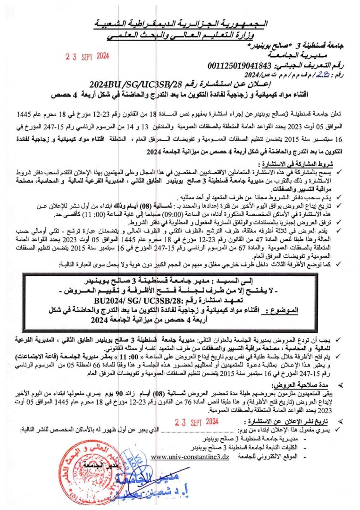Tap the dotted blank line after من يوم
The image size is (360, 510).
point(186,430)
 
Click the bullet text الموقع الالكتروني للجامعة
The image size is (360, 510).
point(264,457)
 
